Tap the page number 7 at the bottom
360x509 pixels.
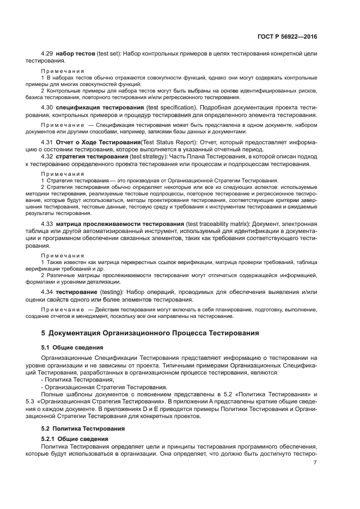point(315,462)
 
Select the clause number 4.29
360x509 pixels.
point(47,55)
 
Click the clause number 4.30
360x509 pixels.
point(47,108)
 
